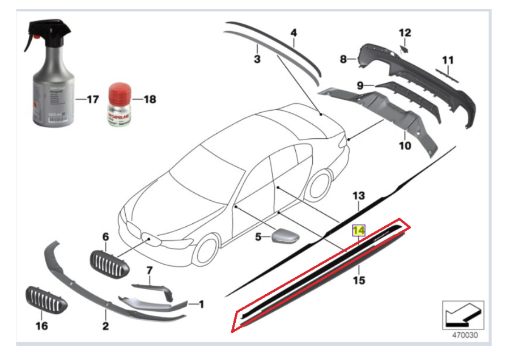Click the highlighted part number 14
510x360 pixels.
[359, 231]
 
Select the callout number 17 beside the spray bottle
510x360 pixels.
[92, 99]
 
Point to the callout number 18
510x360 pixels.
[149, 99]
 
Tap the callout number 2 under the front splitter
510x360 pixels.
[105, 325]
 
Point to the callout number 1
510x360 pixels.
[201, 304]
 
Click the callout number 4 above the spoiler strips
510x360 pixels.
[294, 33]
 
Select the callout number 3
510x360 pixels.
[257, 59]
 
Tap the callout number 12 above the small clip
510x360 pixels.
[405, 32]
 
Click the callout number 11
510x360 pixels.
[448, 60]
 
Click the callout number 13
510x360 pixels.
[359, 196]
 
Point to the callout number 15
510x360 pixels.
[359, 280]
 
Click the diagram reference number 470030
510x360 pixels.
[464, 334]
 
